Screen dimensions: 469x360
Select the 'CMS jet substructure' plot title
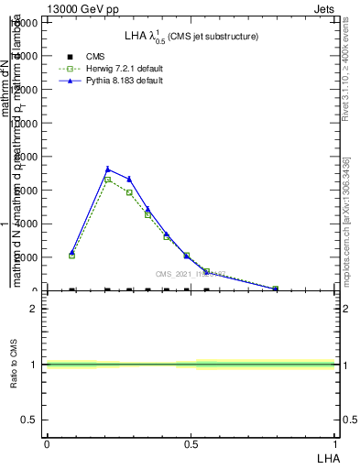[x=191, y=36]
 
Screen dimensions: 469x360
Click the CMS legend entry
[x=96, y=57]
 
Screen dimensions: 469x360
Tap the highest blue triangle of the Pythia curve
[x=108, y=169]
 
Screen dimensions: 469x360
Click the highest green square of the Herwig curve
[x=108, y=180]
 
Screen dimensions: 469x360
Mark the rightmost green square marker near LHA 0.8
[x=276, y=289]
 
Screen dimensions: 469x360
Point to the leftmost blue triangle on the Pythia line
[x=72, y=252]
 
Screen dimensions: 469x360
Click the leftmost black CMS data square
[x=72, y=290]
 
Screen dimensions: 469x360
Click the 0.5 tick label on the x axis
[x=191, y=443]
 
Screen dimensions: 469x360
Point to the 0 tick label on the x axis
[x=47, y=443]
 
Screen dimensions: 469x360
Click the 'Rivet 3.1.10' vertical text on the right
[x=345, y=82]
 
